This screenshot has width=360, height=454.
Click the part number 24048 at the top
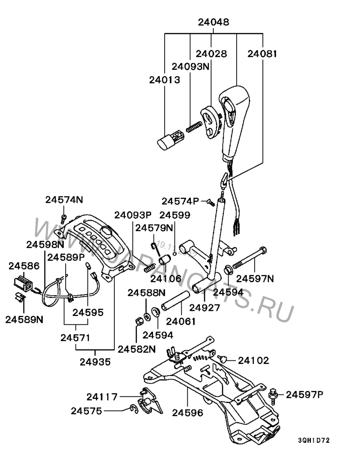point(214,22)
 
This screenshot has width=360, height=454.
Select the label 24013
point(165,80)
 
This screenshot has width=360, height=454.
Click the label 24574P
point(180,201)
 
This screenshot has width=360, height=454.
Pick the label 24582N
point(137,348)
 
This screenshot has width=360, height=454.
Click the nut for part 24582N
point(139,322)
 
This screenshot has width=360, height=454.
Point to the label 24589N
point(24,319)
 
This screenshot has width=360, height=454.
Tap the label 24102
point(253,360)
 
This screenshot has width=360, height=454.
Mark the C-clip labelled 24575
point(133,409)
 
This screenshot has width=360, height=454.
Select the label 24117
point(102,397)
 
